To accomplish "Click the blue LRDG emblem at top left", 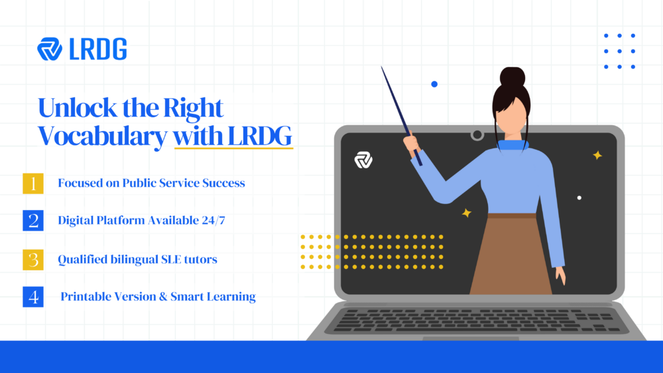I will click(x=50, y=50).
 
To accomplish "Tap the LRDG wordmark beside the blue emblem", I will click(x=98, y=50).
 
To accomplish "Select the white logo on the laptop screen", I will click(x=363, y=160).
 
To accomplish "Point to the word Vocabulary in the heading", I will click(x=102, y=136).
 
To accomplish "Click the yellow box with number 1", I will click(x=33, y=183).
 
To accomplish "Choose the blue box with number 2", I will click(x=33, y=221).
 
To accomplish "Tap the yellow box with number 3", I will click(x=33, y=259).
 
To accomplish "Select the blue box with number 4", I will click(x=33, y=297).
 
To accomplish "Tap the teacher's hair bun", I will click(x=511, y=78).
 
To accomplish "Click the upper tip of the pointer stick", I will click(x=383, y=69).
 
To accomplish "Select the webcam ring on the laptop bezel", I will click(x=477, y=135).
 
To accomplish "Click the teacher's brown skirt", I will click(x=511, y=255).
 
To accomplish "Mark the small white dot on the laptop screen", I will click(x=579, y=197).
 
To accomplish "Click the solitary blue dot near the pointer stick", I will click(x=434, y=84).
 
